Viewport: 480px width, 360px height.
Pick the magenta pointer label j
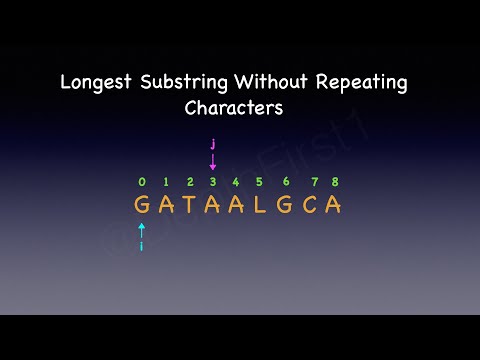point(213,144)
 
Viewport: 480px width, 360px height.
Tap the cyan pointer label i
point(142,245)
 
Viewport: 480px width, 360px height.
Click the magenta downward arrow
point(213,162)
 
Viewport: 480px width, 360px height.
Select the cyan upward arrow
point(142,229)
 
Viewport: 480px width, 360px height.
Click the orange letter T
point(189,205)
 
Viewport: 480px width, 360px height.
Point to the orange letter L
point(261,205)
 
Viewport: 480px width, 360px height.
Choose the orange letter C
point(311,205)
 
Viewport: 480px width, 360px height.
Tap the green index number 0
point(142,182)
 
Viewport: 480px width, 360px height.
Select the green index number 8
point(335,182)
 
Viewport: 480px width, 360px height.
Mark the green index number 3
point(213,182)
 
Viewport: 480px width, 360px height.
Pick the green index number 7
point(314,182)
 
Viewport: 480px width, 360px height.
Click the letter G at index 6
point(286,205)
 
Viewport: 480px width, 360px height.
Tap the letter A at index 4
point(237,205)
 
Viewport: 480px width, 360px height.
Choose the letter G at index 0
point(142,205)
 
